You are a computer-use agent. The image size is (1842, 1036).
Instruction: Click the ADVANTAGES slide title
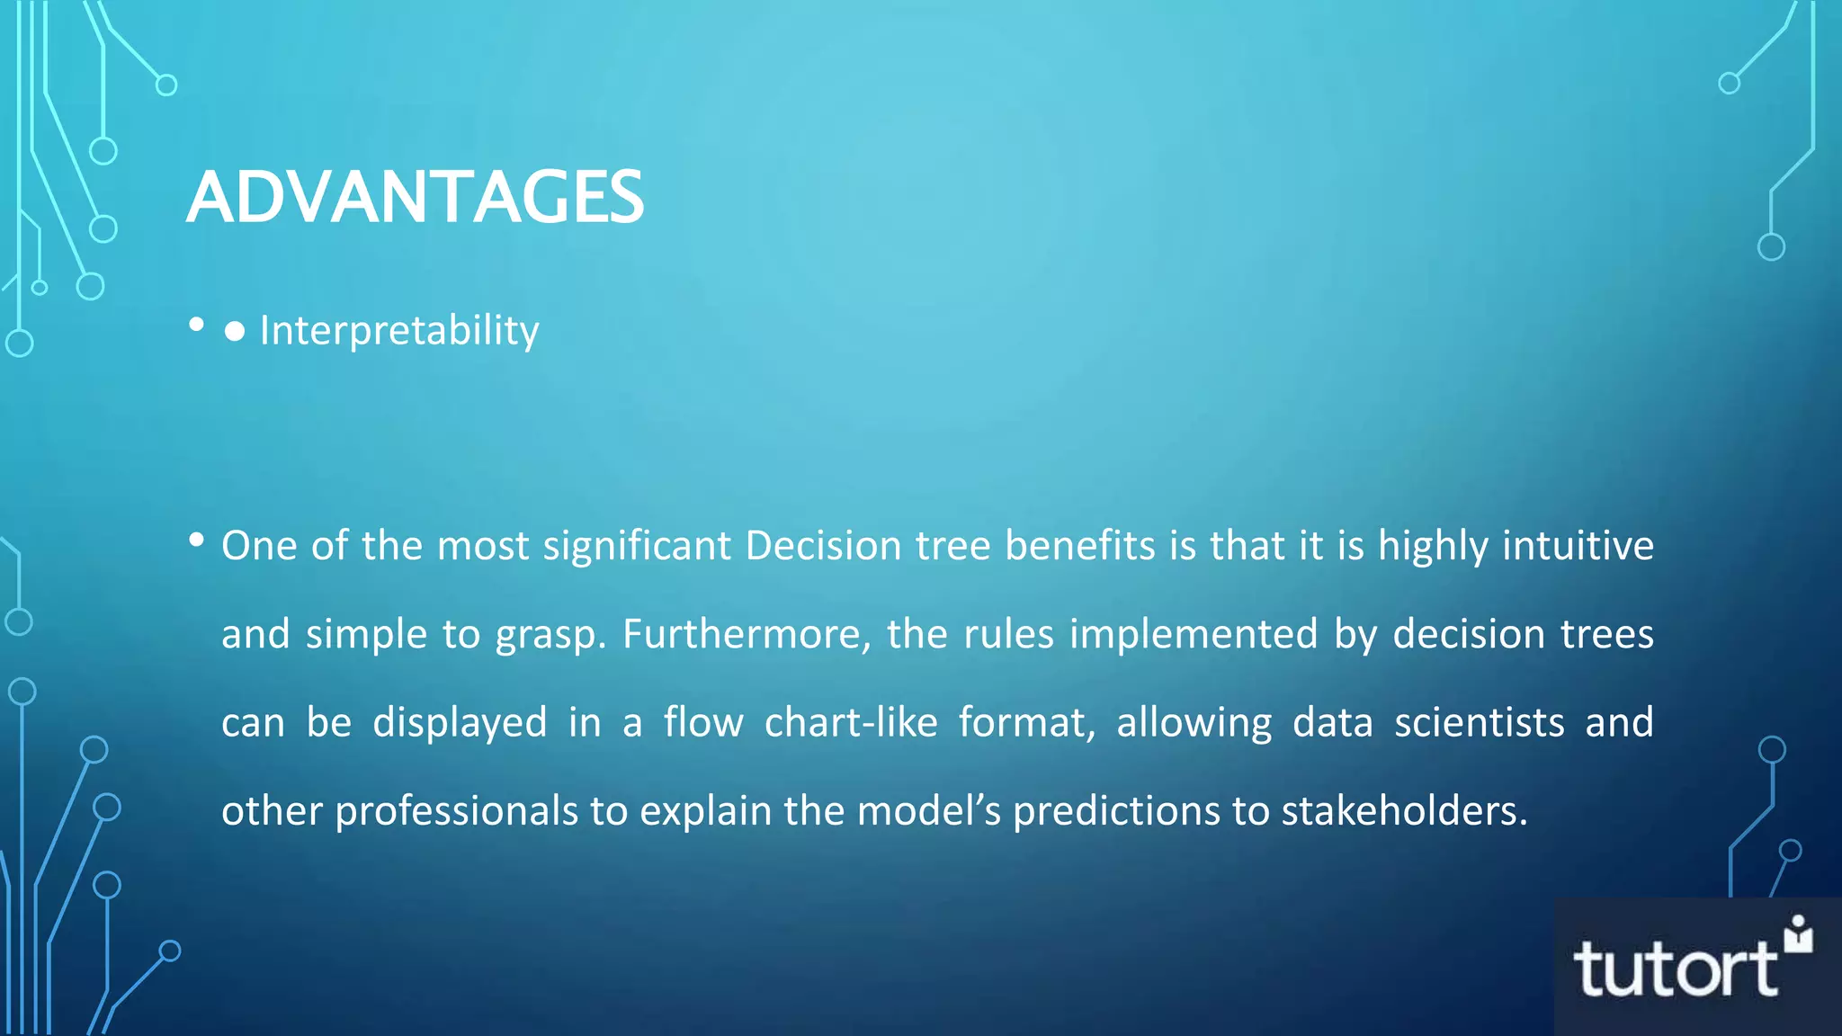pos(415,197)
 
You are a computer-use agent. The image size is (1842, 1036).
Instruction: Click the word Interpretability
pos(399,331)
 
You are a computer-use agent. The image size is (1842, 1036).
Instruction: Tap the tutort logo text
pos(1675,969)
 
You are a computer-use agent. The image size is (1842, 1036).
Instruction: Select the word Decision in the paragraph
pos(823,546)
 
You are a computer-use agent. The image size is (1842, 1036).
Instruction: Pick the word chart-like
pos(851,722)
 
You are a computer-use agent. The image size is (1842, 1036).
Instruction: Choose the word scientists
pos(1479,722)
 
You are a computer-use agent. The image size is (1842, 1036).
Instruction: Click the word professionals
pos(457,811)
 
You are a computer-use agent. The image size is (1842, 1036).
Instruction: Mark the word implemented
pos(1194,634)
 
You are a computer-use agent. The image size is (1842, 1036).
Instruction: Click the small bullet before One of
pos(196,540)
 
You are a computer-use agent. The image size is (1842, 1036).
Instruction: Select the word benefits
pos(1079,546)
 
